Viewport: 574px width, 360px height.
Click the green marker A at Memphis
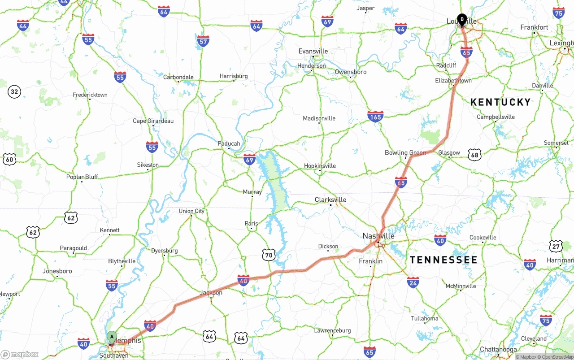[x=112, y=337]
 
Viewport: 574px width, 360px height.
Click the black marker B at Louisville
[x=462, y=20]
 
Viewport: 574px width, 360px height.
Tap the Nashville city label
[x=378, y=236]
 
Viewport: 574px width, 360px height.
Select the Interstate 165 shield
[x=375, y=117]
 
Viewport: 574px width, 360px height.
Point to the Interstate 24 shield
[x=413, y=282]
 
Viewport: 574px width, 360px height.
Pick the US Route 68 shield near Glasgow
[x=474, y=155]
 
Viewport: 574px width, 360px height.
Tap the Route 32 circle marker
[x=14, y=92]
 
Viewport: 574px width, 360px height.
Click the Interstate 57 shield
[x=203, y=42]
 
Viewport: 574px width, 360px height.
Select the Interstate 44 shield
[x=23, y=26]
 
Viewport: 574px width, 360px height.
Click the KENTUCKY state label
[x=500, y=102]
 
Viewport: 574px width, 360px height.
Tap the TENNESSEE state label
[x=444, y=260]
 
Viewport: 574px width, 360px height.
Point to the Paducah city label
[x=229, y=143]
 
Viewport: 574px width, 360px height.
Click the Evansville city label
[x=313, y=52]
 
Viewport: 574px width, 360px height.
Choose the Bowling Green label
[x=405, y=153]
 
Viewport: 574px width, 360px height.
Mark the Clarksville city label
[x=330, y=200]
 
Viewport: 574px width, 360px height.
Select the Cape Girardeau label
[x=153, y=121]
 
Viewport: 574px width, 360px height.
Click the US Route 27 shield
[x=556, y=246]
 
